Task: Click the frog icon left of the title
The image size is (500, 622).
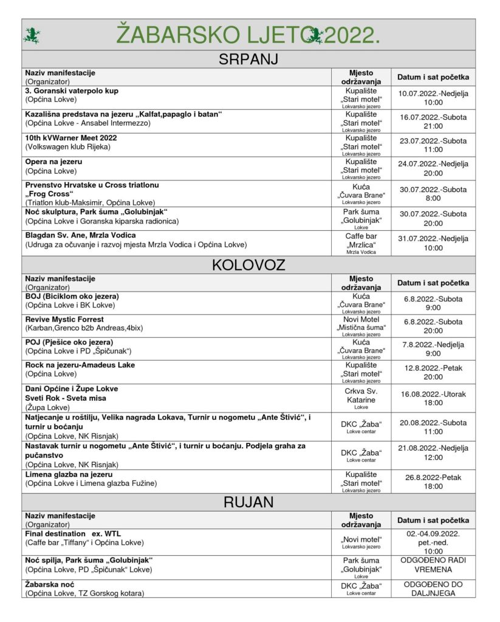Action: [x=31, y=36]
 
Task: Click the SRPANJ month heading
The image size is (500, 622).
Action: [x=249, y=60]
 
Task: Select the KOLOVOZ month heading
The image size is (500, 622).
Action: [x=249, y=265]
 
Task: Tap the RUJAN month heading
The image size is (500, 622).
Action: [x=249, y=502]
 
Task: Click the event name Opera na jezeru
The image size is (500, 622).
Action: [x=53, y=162]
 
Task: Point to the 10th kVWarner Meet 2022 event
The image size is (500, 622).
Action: [x=71, y=138]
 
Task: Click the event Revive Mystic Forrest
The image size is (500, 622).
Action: [x=64, y=320]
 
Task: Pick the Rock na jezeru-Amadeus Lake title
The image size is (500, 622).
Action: [x=80, y=366]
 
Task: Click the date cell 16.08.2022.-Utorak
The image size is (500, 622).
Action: [x=433, y=394]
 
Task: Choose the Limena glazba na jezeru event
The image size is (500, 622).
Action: [x=69, y=474]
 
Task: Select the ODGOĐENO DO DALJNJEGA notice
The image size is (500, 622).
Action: [x=433, y=588]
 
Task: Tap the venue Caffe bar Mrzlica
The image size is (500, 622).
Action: [x=361, y=239]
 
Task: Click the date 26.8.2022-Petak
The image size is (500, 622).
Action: [x=433, y=477]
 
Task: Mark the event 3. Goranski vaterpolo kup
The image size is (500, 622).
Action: [x=72, y=91]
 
